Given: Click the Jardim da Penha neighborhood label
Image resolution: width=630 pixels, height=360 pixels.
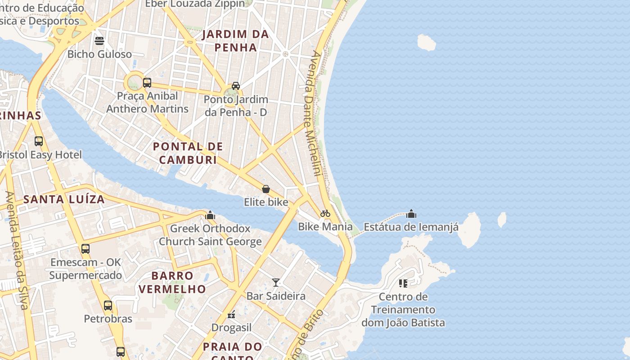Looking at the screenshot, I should pyautogui.click(x=235, y=40).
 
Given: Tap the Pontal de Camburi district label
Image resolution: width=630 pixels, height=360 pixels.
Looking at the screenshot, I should pyautogui.click(x=188, y=153).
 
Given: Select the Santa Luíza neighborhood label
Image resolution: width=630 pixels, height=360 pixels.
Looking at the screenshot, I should pyautogui.click(x=64, y=199).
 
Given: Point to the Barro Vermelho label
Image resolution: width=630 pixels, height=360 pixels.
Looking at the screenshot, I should pyautogui.click(x=172, y=282).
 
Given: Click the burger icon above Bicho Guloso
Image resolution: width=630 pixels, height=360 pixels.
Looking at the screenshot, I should pyautogui.click(x=99, y=41).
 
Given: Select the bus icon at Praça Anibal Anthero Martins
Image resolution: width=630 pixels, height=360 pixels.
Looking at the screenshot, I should pyautogui.click(x=147, y=83).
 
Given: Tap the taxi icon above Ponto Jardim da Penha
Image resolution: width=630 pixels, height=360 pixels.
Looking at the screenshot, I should pyautogui.click(x=235, y=86).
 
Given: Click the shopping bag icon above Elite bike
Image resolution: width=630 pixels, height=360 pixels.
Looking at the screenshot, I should pyautogui.click(x=266, y=189).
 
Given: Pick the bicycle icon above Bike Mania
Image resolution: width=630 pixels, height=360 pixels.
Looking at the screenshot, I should pyautogui.click(x=325, y=213).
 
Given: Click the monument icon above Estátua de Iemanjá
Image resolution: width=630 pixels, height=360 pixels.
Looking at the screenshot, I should pyautogui.click(x=411, y=214).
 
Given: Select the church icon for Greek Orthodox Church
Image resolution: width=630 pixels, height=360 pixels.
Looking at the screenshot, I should pyautogui.click(x=210, y=215).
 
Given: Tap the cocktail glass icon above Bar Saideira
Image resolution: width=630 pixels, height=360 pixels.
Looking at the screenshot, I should pyautogui.click(x=276, y=283).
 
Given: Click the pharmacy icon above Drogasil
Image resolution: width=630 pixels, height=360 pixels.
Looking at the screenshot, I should pyautogui.click(x=231, y=315).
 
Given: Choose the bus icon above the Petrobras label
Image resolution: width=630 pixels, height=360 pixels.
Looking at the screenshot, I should pyautogui.click(x=108, y=306).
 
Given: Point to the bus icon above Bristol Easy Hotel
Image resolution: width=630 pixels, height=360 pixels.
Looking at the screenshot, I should pyautogui.click(x=39, y=141).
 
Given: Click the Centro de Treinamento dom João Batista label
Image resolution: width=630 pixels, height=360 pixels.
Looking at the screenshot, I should pyautogui.click(x=403, y=310).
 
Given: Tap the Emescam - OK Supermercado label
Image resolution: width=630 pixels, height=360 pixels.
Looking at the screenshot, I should pyautogui.click(x=85, y=269).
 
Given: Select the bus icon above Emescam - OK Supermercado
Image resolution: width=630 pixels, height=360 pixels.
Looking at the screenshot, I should pyautogui.click(x=85, y=249).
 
